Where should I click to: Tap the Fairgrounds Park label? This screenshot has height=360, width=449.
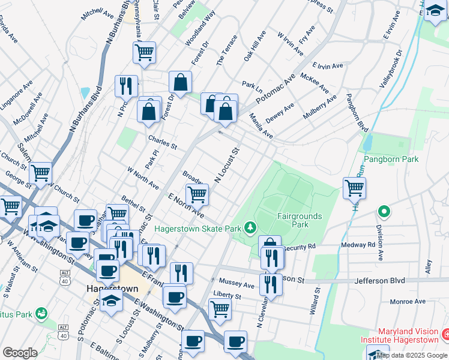(300, 220)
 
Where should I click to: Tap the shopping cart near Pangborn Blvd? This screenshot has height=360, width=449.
(354, 188)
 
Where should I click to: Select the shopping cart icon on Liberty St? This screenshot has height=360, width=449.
(220, 310)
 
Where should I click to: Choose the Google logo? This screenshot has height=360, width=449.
(20, 353)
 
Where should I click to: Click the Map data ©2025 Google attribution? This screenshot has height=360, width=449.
(412, 355)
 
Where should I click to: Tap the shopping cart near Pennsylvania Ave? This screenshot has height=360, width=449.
(144, 52)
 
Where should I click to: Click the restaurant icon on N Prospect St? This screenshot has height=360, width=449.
(126, 86)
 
